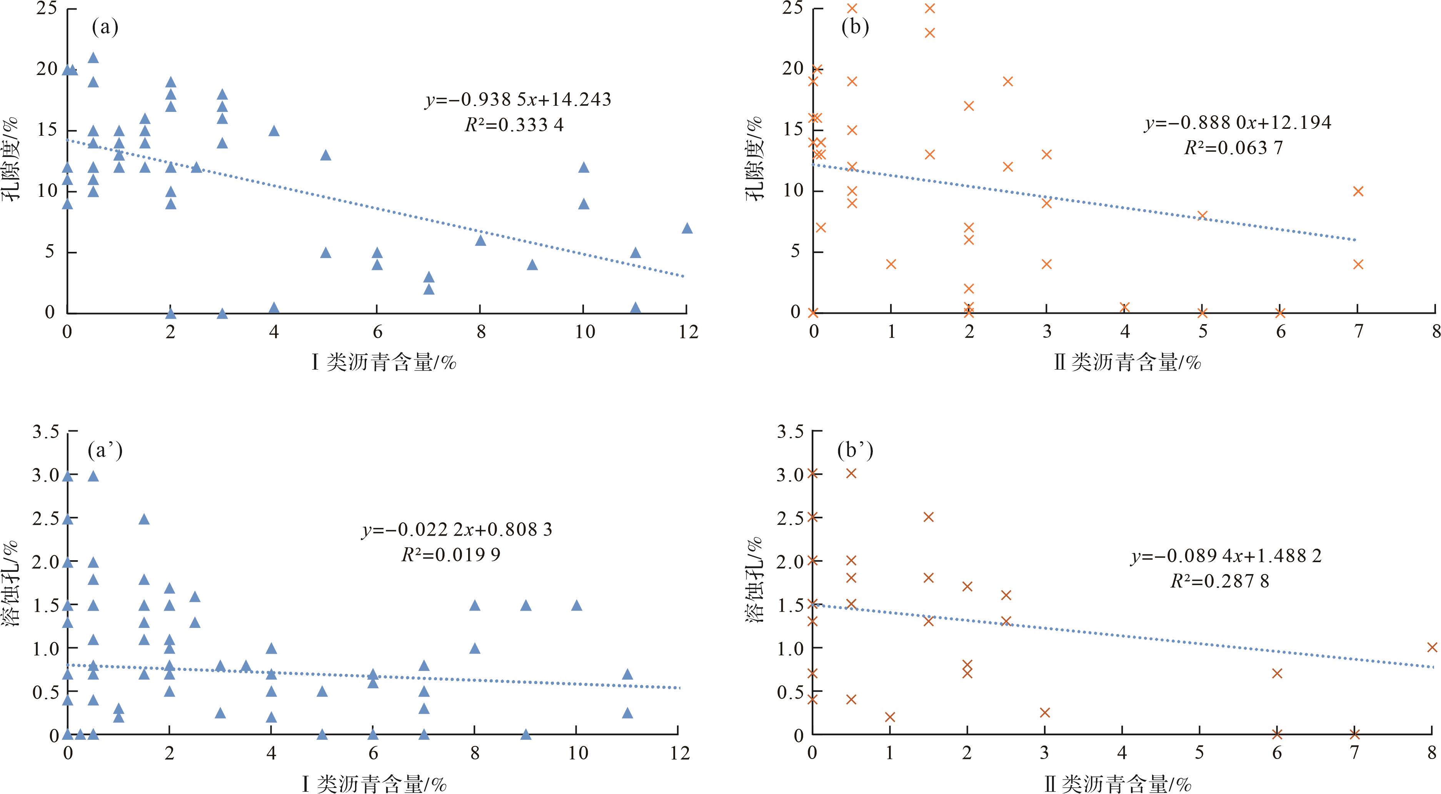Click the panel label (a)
[x=105, y=27]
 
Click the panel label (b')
[x=855, y=450]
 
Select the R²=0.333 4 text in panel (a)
[x=514, y=124]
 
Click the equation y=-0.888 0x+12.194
[x=1238, y=122]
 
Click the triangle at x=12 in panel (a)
[x=687, y=228]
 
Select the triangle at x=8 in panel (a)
[x=480, y=240]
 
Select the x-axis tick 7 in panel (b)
[x=1358, y=332]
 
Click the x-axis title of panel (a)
[x=384, y=363]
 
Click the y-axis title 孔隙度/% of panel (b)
[x=755, y=159]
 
